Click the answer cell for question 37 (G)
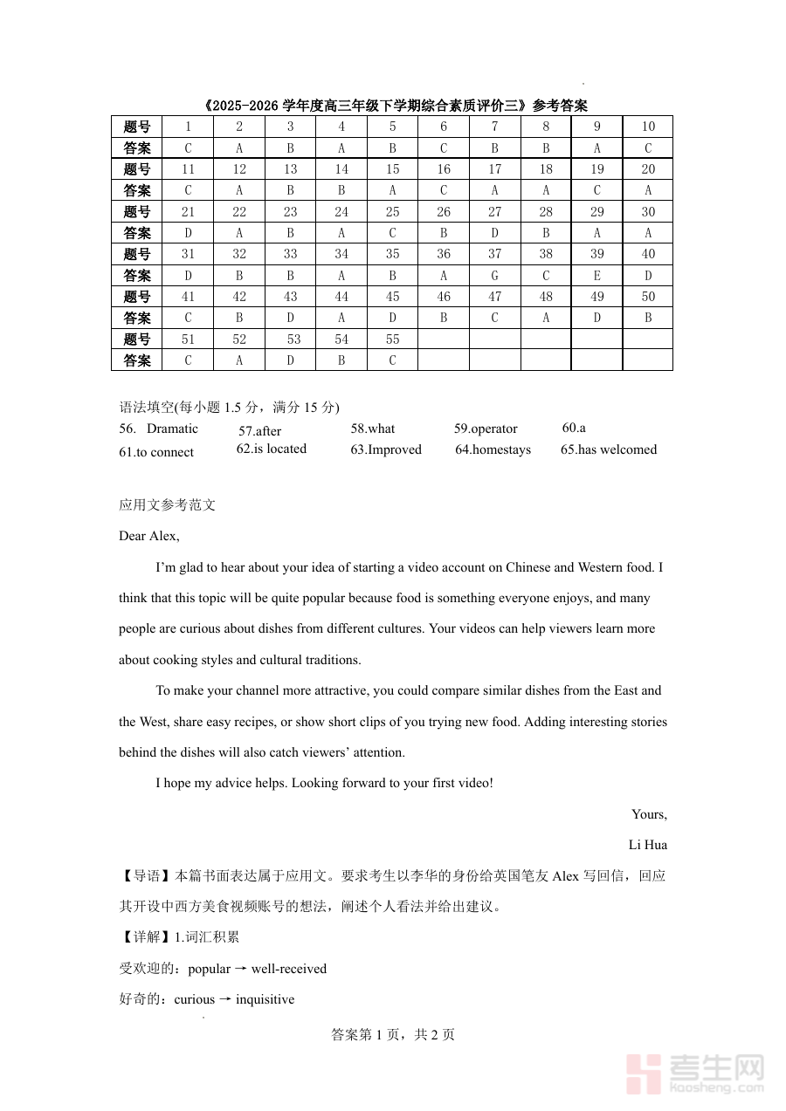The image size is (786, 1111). click(494, 276)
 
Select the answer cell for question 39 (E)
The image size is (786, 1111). click(597, 276)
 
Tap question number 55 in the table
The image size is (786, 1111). click(392, 339)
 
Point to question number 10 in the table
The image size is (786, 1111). click(648, 127)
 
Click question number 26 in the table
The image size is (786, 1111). click(444, 212)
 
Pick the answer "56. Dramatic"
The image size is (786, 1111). click(159, 429)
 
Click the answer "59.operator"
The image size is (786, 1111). click(486, 429)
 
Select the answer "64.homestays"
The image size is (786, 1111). click(493, 449)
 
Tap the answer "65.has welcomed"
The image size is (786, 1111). click(609, 449)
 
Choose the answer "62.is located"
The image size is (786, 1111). click(272, 449)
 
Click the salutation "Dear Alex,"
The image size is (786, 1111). click(149, 536)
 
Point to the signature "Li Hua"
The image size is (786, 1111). click(648, 845)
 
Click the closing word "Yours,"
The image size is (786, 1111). click(650, 814)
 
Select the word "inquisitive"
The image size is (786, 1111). click(265, 999)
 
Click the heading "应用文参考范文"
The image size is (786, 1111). click(167, 505)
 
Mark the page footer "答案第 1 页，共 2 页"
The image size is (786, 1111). click(393, 1035)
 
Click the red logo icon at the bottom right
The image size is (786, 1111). click(645, 1073)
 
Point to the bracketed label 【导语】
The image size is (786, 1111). click(147, 876)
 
